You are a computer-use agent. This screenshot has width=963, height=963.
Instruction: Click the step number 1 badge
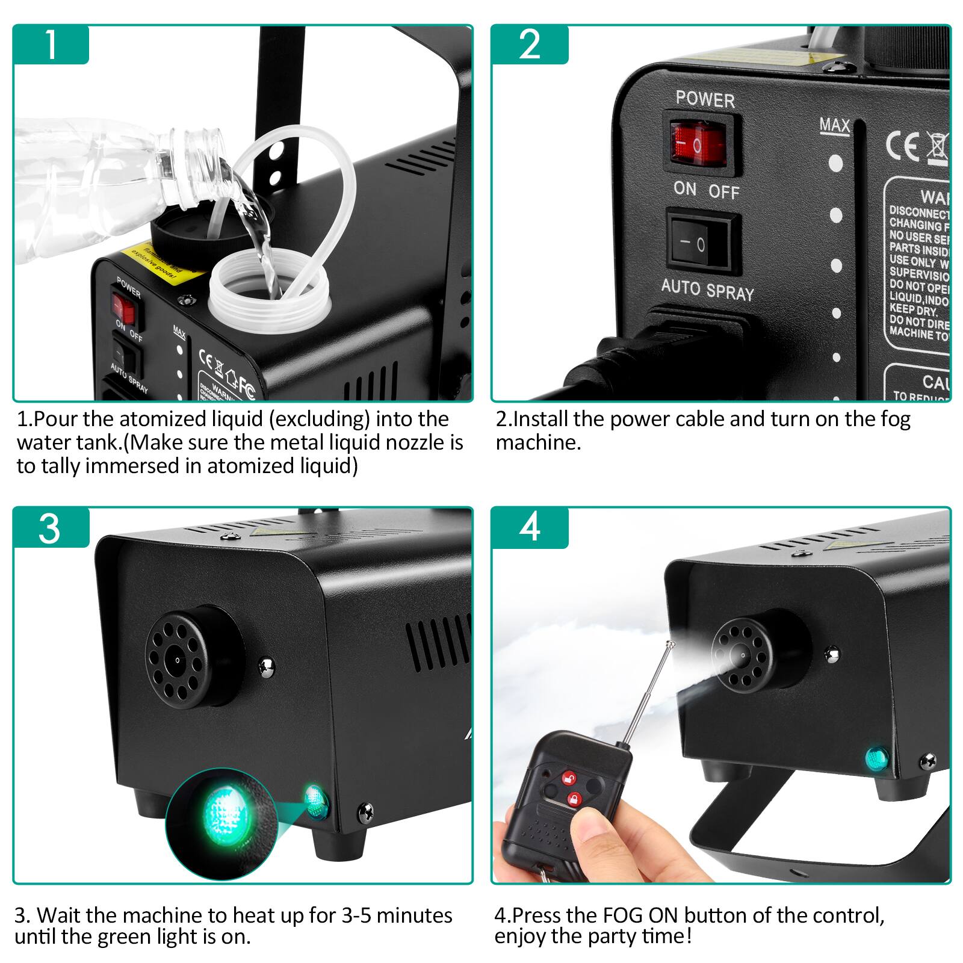pos(51,44)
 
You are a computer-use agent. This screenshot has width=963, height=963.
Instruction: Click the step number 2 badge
pos(530,44)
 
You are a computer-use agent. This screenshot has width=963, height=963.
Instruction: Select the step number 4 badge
pos(530,528)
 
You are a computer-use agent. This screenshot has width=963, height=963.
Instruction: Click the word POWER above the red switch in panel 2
pos(705,99)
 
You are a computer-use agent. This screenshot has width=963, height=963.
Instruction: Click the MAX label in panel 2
pos(835,125)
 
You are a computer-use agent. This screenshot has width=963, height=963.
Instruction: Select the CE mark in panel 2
pos(903,146)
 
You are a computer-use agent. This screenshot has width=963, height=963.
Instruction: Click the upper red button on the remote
pos(568,778)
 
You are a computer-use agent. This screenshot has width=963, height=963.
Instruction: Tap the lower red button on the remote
pos(574,800)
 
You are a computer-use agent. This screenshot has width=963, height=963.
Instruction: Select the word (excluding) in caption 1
pos(320,419)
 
